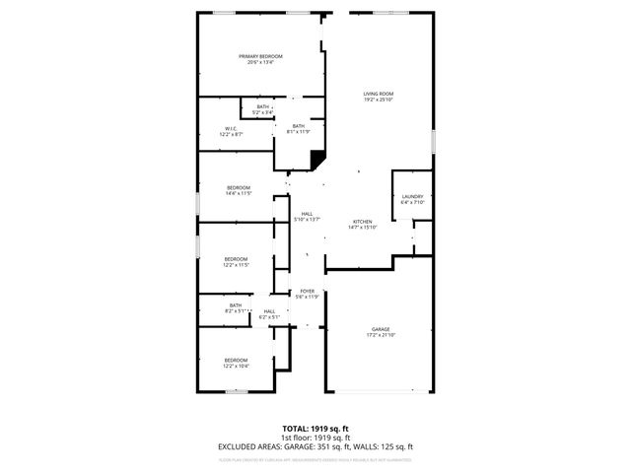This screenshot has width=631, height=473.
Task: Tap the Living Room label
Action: (x=379, y=94)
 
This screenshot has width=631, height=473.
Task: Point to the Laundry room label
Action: (x=412, y=196)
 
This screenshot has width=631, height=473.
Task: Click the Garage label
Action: (x=381, y=329)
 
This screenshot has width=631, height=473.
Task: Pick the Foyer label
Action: (x=308, y=291)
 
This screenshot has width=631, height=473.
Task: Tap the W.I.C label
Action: (x=231, y=128)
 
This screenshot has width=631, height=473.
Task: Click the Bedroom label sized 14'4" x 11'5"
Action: (x=239, y=187)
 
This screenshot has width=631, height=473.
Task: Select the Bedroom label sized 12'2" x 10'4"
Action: (x=236, y=360)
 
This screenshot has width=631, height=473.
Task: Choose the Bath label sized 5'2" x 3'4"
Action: (x=262, y=106)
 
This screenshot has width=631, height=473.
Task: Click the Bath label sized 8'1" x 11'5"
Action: (x=298, y=125)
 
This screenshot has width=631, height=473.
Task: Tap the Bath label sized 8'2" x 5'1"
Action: (x=236, y=305)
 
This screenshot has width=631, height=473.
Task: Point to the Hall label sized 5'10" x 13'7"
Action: (x=308, y=214)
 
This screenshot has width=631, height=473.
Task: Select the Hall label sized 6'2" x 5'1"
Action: (x=269, y=311)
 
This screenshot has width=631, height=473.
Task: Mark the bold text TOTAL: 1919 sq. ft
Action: (x=315, y=429)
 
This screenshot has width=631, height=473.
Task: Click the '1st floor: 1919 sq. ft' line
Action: (x=315, y=438)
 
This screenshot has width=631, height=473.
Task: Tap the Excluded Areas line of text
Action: (x=315, y=446)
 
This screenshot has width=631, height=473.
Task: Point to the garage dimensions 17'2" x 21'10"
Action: (x=381, y=335)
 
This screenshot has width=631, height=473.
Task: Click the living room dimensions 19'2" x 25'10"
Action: (x=379, y=100)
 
